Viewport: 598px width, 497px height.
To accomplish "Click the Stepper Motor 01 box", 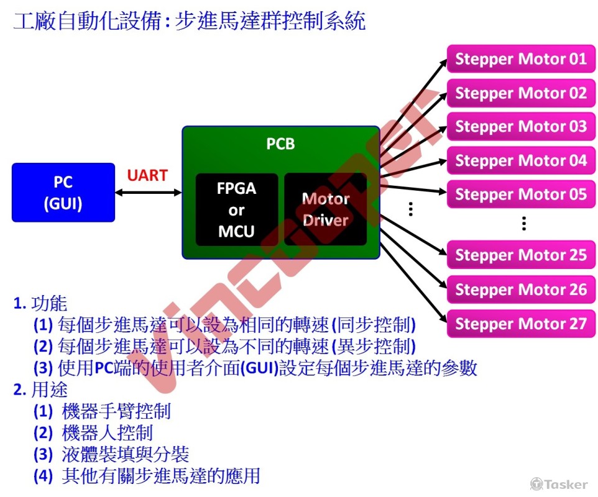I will (x=521, y=60).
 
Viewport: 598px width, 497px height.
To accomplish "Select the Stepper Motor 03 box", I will (x=521, y=127).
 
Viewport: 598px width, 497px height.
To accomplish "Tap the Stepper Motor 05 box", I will (x=521, y=194).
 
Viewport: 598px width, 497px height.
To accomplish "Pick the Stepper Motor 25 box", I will (x=521, y=255).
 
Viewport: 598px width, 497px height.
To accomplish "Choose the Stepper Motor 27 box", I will (x=521, y=324).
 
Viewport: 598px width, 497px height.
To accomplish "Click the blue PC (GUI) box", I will (x=63, y=193).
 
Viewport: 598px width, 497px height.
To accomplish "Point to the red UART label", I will (x=147, y=175).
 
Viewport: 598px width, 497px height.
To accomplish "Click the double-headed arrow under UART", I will (x=148, y=193).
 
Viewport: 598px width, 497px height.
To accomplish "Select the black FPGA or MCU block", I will (x=237, y=209).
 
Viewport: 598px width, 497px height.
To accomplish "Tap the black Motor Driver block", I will (x=326, y=209).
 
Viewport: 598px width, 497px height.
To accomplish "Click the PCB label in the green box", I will (x=280, y=144).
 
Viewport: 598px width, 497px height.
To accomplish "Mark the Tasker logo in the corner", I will (x=558, y=483).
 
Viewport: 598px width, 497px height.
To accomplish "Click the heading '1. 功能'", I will (x=40, y=304).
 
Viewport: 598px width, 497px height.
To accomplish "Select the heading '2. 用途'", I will (x=40, y=390).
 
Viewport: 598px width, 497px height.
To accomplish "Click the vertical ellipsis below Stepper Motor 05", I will (x=524, y=224).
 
